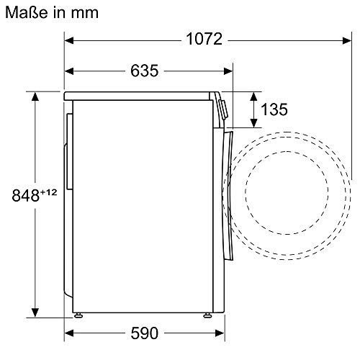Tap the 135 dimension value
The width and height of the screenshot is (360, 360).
tap(274, 109)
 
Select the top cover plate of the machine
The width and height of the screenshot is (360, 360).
tap(140, 95)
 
